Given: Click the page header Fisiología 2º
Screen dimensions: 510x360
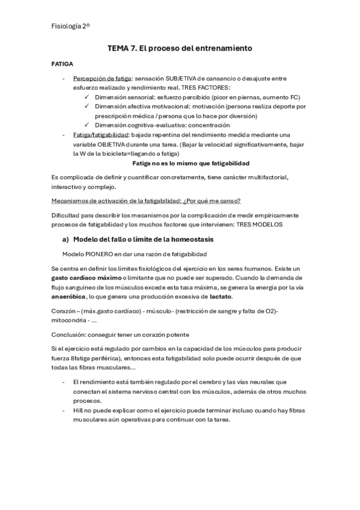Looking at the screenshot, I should point(72,26).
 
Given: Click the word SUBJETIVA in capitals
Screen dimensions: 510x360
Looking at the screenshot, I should point(188,79).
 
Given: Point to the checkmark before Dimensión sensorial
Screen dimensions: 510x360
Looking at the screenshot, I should point(88,97).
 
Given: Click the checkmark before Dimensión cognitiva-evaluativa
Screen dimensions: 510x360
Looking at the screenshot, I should point(88,124).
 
